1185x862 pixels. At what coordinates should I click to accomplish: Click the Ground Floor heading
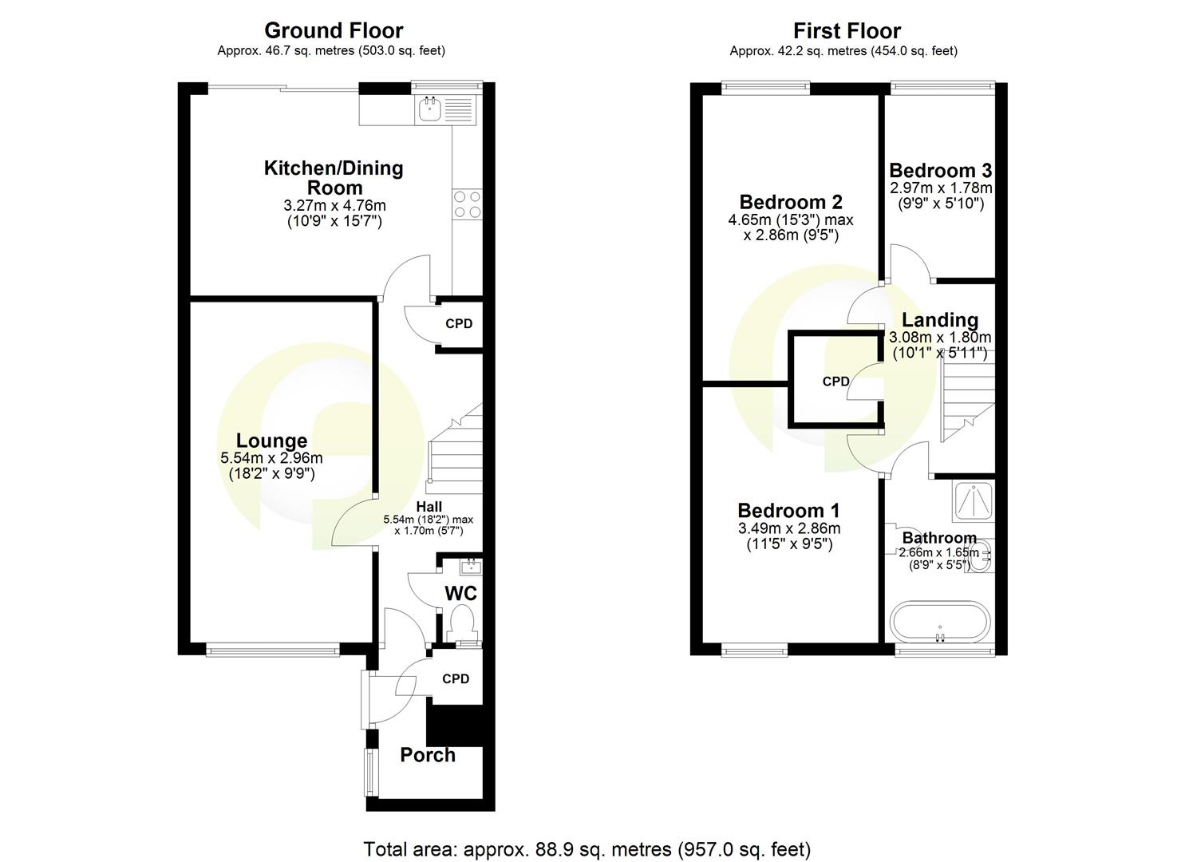click(x=334, y=30)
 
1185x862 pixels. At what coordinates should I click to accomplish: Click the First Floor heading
click(x=846, y=30)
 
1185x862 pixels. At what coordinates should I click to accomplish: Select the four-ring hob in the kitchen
click(x=467, y=204)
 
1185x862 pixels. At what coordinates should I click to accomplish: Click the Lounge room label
click(x=271, y=441)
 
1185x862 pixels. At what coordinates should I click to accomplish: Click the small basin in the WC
click(x=470, y=566)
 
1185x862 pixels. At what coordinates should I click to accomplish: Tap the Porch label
click(x=428, y=755)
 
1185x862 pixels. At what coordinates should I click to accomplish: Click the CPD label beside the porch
click(x=456, y=679)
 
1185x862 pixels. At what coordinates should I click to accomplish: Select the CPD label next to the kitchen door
click(x=459, y=324)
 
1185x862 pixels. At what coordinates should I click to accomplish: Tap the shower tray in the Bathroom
click(x=973, y=499)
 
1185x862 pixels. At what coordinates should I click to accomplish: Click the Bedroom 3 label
click(x=940, y=170)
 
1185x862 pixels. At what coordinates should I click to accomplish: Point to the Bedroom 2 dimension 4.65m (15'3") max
click(x=796, y=219)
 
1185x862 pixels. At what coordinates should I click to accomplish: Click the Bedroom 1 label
click(x=788, y=511)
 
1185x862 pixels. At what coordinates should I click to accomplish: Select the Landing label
click(x=940, y=320)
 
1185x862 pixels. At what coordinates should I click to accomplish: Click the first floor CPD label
click(x=835, y=382)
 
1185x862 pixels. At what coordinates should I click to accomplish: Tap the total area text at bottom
click(x=587, y=848)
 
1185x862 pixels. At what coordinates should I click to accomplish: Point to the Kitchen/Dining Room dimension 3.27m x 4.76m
click(x=334, y=206)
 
